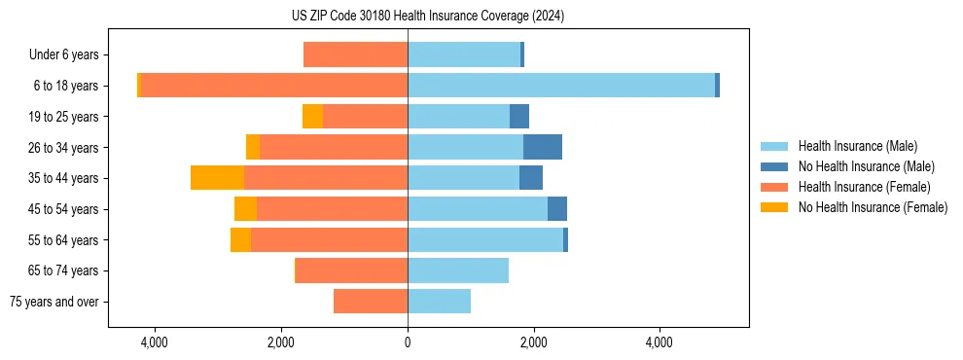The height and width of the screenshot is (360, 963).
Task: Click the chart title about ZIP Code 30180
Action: click(428, 17)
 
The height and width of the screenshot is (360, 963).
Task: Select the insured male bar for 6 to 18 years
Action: click(561, 86)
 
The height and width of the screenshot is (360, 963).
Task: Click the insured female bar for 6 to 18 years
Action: click(273, 86)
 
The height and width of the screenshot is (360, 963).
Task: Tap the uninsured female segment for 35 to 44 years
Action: click(217, 178)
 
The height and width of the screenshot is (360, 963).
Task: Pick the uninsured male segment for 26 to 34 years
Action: click(543, 147)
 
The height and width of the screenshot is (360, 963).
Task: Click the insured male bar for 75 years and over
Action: click(439, 302)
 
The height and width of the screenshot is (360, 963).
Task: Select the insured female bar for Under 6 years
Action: click(355, 54)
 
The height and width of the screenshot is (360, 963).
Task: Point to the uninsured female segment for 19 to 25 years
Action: click(312, 117)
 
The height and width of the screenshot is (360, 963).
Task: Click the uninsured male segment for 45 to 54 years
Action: click(557, 209)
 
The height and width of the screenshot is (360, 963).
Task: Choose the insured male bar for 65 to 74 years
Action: click(458, 270)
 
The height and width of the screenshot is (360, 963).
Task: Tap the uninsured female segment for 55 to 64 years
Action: click(240, 240)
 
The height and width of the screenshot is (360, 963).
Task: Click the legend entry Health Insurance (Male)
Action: click(857, 146)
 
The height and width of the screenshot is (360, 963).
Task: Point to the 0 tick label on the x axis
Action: click(408, 342)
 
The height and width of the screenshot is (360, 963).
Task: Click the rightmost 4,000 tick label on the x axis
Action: click(660, 342)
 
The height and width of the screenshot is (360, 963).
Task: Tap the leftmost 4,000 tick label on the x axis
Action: click(155, 342)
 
